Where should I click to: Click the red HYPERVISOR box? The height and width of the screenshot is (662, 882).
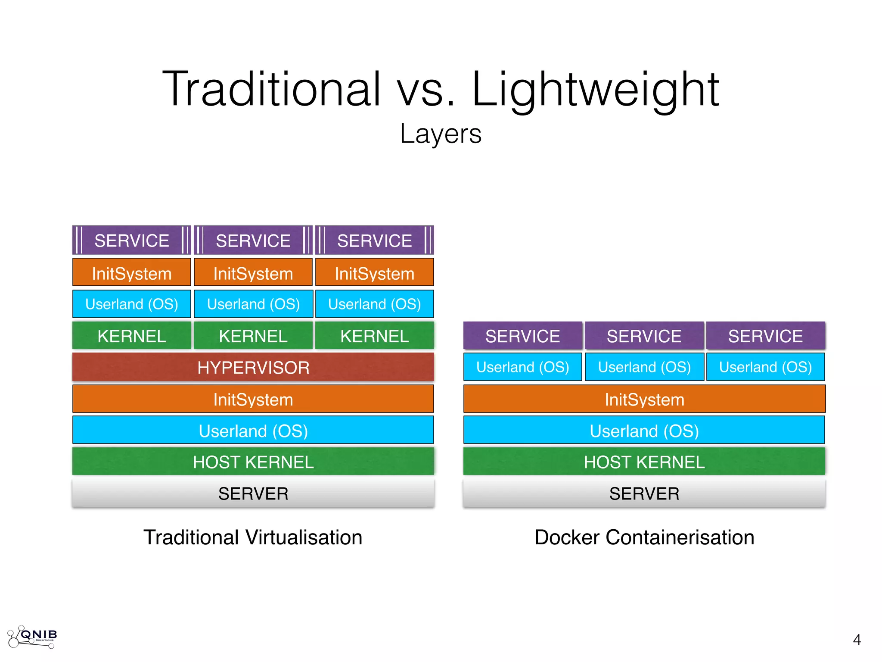pos(253,368)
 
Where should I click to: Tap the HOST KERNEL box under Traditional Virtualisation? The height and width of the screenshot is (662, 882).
pos(253,462)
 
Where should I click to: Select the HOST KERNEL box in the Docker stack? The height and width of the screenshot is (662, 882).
pos(644,462)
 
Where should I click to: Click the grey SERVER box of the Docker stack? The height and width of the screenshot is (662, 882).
pos(644,493)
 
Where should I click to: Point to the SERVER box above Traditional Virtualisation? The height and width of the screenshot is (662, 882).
pos(253,493)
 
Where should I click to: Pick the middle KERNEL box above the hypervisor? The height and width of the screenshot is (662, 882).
pos(253,336)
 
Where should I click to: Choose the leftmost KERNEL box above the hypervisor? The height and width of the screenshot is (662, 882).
pos(132,336)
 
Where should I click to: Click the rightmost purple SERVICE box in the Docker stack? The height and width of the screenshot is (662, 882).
pos(765,336)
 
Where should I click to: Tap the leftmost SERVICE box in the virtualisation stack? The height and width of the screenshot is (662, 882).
pos(132,240)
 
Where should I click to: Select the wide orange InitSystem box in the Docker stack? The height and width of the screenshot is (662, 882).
pos(644,400)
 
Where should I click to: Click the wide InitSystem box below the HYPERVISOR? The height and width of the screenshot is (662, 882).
pos(253,400)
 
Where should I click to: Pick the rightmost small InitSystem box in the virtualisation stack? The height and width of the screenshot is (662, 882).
pos(375,273)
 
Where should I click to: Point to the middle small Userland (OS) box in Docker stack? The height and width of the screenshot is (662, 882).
pos(644,367)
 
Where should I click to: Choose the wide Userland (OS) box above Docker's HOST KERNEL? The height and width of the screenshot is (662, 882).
pos(644,431)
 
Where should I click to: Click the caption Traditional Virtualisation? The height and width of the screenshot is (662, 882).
pos(253,537)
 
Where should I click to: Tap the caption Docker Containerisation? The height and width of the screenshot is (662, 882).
pos(644,537)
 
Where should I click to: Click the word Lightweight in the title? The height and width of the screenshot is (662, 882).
pos(596,90)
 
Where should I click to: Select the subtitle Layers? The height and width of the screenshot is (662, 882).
pos(441,134)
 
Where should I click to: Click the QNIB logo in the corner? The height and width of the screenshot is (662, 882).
pos(33,637)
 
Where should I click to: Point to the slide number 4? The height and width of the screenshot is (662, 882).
pos(857,640)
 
